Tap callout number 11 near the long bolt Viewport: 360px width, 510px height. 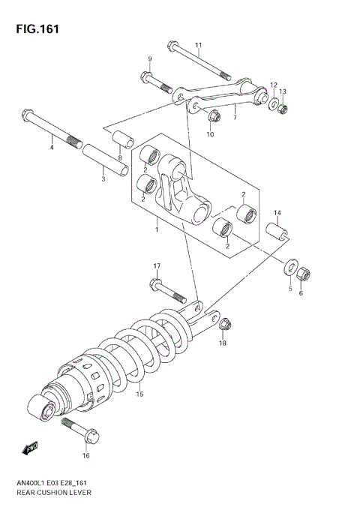click(x=199, y=45)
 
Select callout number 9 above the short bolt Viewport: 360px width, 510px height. click(x=149, y=59)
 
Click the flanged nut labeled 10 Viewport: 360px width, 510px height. click(x=211, y=116)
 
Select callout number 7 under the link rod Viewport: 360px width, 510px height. click(x=235, y=117)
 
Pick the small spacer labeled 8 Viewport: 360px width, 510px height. click(x=123, y=140)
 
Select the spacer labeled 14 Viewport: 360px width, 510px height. click(x=277, y=231)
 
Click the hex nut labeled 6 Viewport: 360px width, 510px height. click(x=304, y=274)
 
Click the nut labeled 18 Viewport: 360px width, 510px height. click(x=225, y=325)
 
